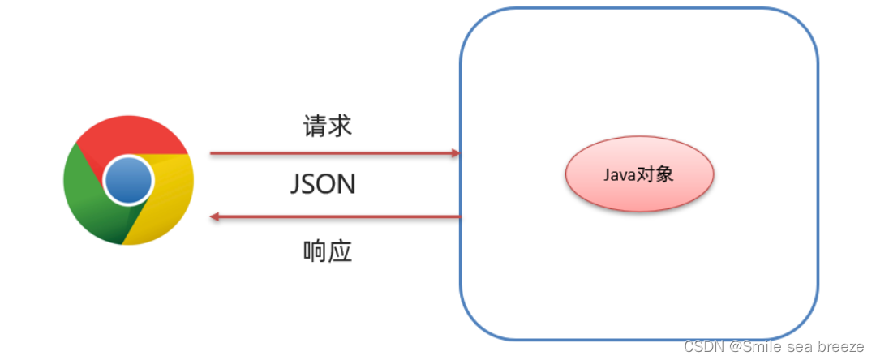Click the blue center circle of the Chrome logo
click(x=128, y=179)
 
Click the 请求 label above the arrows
click(x=327, y=126)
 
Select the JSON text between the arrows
click(x=323, y=184)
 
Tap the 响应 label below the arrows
click(x=327, y=251)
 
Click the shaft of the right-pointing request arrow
click(x=324, y=152)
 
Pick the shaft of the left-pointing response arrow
click(x=341, y=217)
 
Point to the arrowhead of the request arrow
click(x=454, y=152)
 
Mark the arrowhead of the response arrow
click(x=215, y=217)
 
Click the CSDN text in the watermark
click(x=702, y=347)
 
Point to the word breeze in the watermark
click(x=841, y=347)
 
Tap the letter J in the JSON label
click(x=296, y=185)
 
